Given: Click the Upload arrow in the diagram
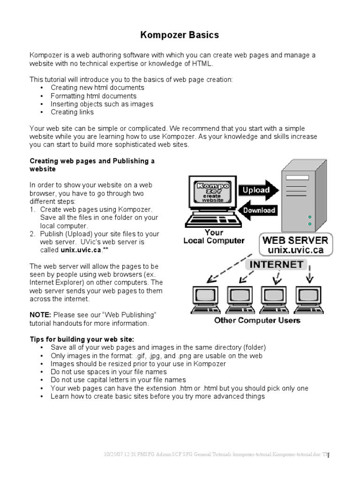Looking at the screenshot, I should [x=257, y=190].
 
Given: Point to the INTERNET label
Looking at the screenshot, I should [x=276, y=264].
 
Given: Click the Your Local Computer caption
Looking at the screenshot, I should [x=214, y=237].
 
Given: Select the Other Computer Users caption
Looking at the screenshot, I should [x=257, y=321].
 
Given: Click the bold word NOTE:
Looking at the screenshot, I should [x=40, y=315].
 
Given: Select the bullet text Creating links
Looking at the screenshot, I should [x=72, y=112].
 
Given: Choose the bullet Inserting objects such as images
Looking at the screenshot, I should [x=102, y=104].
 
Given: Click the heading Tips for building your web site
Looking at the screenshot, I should [x=82, y=339].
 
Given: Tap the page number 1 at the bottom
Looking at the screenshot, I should [x=329, y=456].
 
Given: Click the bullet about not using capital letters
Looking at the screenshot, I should [x=118, y=380].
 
